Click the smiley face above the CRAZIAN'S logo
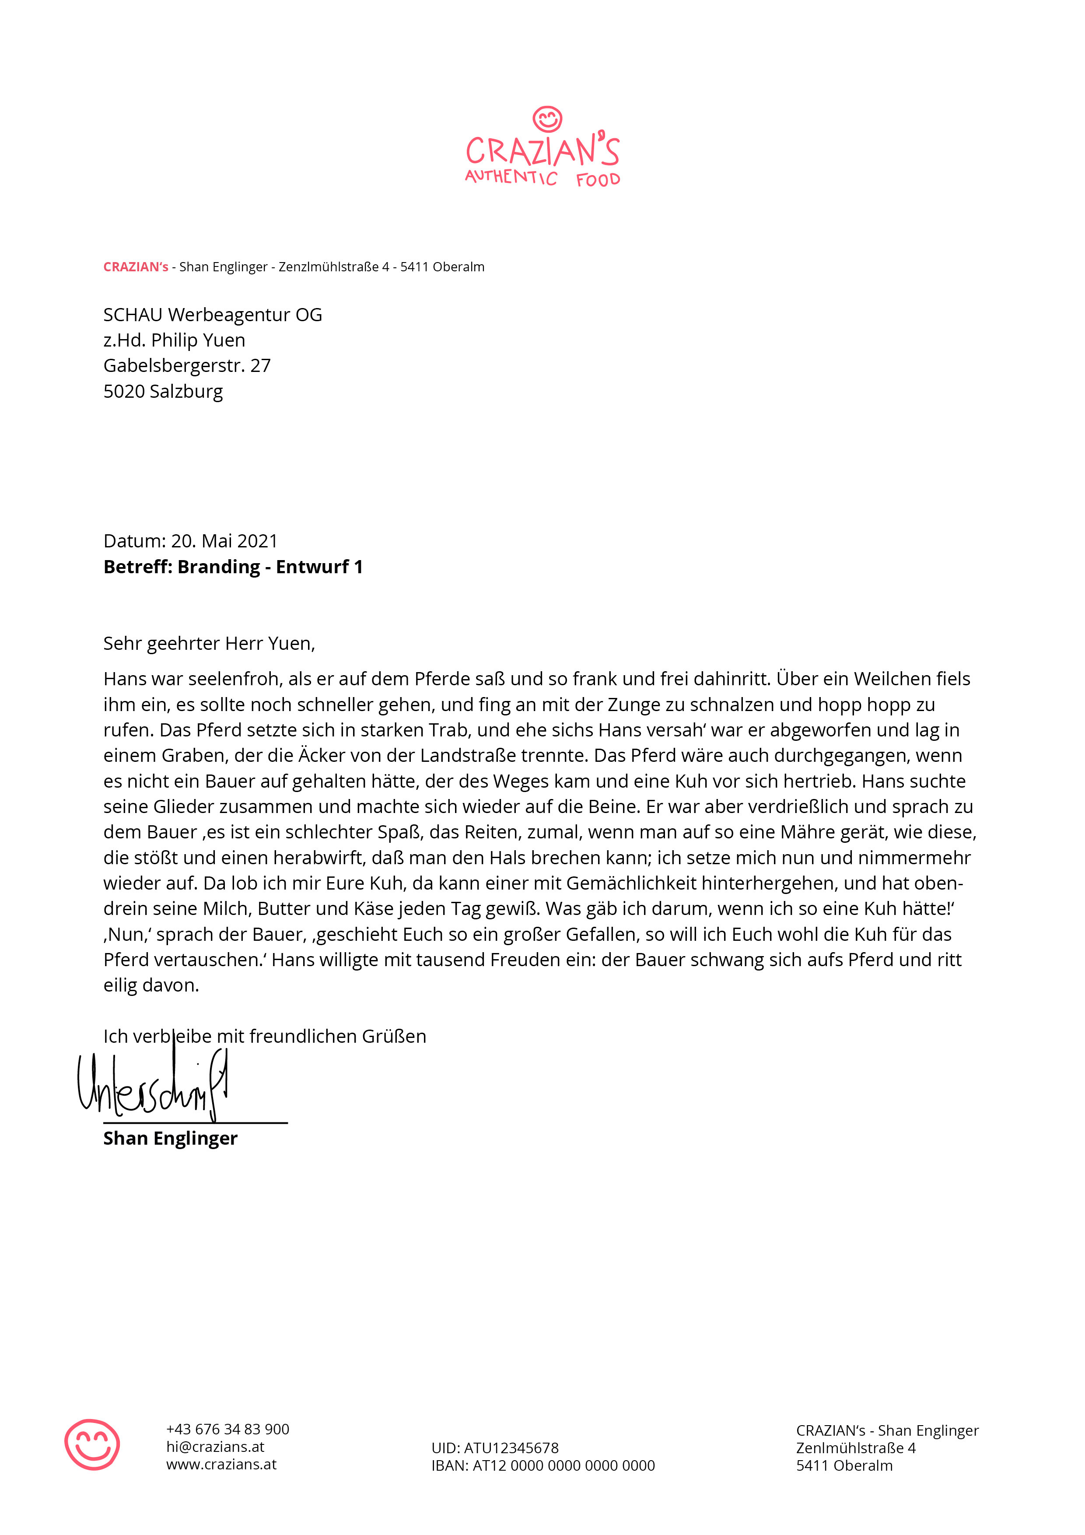click(x=547, y=119)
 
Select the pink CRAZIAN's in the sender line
click(x=136, y=267)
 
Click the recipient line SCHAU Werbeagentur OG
click(x=213, y=315)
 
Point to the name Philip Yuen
click(x=198, y=340)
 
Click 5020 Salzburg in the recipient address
click(x=163, y=391)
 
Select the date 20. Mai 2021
click(x=224, y=541)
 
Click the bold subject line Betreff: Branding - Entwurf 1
click(x=233, y=567)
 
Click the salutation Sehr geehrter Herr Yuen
click(x=209, y=643)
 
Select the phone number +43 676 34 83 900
click(x=227, y=1430)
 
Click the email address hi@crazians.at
click(x=215, y=1447)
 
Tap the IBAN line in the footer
click(x=543, y=1465)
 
